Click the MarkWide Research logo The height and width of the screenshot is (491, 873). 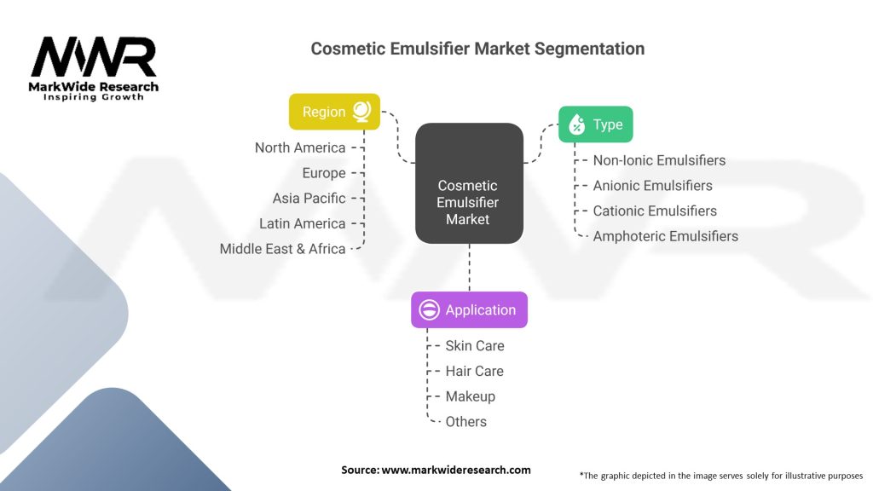94,68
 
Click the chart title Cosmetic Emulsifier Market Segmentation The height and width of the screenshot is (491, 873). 477,49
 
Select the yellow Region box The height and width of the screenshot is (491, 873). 334,112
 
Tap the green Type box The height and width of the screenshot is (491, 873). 595,124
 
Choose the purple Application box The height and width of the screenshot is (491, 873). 469,310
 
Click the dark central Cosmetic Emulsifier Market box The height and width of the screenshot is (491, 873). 468,202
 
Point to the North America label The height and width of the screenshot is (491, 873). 300,147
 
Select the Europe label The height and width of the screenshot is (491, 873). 324,173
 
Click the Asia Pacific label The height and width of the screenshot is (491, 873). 309,198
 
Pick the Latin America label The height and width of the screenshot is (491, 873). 303,223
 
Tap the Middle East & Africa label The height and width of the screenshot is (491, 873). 283,249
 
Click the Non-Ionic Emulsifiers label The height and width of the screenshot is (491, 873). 659,160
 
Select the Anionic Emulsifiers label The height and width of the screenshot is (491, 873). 652,185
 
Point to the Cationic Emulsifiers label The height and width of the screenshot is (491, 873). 655,211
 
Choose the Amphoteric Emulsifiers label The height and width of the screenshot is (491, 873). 665,236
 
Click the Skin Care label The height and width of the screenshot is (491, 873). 474,345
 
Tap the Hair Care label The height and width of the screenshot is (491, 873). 474,371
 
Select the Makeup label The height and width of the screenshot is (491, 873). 470,396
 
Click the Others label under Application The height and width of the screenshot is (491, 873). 465,421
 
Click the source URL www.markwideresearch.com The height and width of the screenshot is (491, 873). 456,470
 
